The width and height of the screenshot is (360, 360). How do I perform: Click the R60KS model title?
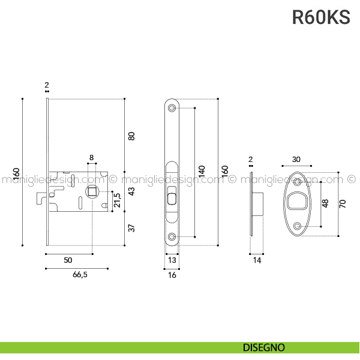321,17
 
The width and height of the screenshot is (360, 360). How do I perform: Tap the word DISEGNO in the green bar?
264,347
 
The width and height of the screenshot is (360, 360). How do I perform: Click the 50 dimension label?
68,260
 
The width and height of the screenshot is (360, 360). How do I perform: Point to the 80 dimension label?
132,136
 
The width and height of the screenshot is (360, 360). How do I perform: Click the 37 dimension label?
132,227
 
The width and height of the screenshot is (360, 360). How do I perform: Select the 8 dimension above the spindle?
91,157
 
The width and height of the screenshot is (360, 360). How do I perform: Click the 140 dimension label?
202,173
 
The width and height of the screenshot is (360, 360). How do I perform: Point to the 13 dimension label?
172,260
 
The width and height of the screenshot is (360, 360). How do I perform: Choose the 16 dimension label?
172,275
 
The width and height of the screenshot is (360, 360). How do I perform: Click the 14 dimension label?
257,260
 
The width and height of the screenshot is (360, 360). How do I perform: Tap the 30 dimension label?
296,159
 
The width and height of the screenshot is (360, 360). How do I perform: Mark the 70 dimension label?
343,203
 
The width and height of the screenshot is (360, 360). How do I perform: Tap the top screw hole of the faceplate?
172,108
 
